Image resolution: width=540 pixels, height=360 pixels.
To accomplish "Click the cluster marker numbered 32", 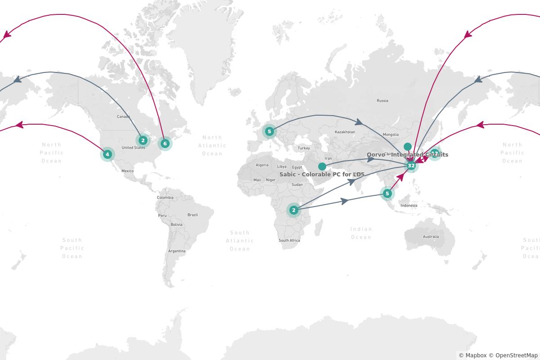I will pos(411,166).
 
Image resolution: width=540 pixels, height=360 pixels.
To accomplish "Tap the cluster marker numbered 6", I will pos(165,144).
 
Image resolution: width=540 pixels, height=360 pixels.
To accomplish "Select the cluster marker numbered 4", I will pos(107,154).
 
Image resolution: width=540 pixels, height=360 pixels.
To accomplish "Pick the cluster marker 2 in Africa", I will pos(294,210).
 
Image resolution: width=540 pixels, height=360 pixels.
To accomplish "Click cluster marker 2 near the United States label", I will pos(143,140).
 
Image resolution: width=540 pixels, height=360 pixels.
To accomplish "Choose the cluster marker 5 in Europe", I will pos(269,131).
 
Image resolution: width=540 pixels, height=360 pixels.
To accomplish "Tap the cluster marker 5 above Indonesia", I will pos(387,193).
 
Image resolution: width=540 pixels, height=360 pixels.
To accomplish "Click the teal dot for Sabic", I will pos(322,166).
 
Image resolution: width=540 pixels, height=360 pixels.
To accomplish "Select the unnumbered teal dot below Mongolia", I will pos(408,147).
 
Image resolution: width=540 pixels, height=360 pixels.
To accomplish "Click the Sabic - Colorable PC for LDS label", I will pos(322,174).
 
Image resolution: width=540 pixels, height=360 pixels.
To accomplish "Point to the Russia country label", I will pos(382,101).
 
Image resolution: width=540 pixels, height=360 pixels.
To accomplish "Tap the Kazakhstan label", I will pos(345,132).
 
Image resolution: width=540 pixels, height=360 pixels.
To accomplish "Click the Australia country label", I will pos(431,237).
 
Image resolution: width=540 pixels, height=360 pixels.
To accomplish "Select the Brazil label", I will pos(193,215).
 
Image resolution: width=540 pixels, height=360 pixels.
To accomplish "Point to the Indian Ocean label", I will pos(361,233).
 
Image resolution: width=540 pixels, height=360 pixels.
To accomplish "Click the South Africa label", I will pos(289,241).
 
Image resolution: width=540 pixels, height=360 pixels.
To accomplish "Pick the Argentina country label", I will pos(177,251).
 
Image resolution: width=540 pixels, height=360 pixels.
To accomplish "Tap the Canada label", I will pos(123,117).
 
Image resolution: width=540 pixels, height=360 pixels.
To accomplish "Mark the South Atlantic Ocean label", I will pos(240,241).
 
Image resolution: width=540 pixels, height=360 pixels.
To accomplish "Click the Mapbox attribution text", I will pos(472,355).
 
